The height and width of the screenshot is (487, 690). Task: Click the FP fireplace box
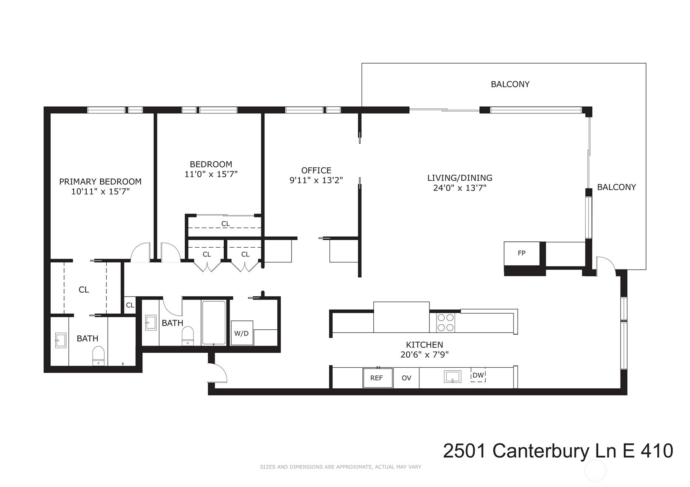coord(521,254)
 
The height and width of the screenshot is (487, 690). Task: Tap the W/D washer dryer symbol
coord(241,333)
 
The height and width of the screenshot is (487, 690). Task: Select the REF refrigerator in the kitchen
coord(377,378)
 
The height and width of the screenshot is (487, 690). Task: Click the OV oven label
coord(406,378)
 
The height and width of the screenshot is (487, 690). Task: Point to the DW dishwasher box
coord(478,375)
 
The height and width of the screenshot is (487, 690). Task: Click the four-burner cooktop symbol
coord(446,323)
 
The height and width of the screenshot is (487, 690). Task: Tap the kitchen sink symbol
coord(452,376)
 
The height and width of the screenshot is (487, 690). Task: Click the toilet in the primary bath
coord(98,356)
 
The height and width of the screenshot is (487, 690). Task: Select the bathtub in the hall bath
coord(214,322)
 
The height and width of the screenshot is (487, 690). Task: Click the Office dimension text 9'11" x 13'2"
coord(316,180)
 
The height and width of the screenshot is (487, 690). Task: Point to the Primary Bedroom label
coord(100,182)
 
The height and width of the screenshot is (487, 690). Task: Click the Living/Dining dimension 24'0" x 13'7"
coord(460,188)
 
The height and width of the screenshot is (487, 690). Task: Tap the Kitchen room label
coord(424,345)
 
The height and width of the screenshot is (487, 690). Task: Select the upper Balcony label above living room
coord(510,84)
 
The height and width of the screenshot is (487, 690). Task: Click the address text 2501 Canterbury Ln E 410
coord(558,451)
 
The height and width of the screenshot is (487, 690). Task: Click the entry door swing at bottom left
coord(217,372)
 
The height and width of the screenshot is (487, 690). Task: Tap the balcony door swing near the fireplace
coord(606,266)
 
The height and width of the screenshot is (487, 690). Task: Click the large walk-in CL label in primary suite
coord(84,290)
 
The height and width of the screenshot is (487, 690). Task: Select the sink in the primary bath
coord(61,340)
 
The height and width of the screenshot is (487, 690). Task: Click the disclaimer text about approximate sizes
coord(340,467)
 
